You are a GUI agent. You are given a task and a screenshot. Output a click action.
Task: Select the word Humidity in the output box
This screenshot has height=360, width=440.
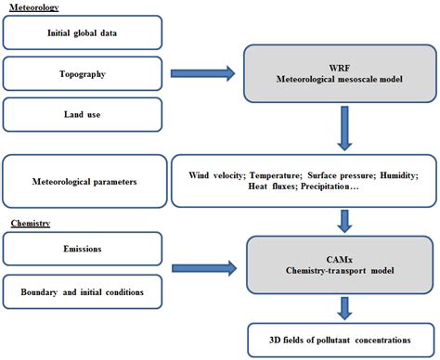tap(408, 171)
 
